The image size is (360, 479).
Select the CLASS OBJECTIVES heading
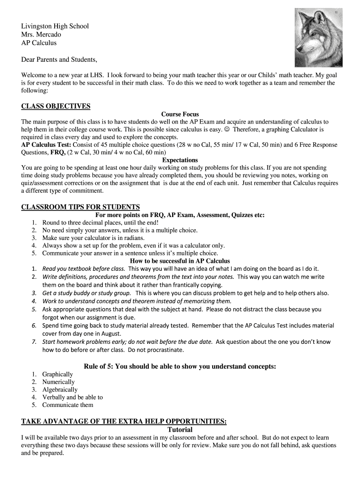[x=56, y=106]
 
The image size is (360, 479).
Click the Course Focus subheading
[x=180, y=114]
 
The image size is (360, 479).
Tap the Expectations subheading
[x=180, y=160]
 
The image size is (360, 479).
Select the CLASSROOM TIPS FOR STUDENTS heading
[x=80, y=207]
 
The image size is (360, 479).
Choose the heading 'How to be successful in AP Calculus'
[x=180, y=261]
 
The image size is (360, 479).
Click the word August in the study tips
[x=108, y=334]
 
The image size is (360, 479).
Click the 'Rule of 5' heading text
[x=180, y=366]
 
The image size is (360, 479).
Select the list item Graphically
[x=58, y=374]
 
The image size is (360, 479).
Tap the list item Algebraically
[x=60, y=390]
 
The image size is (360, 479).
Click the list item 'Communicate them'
[x=67, y=405]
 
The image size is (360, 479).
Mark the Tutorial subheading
[x=180, y=429]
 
